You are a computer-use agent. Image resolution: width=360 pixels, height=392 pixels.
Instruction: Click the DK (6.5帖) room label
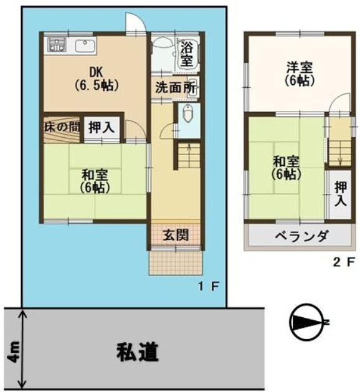(x=96, y=79)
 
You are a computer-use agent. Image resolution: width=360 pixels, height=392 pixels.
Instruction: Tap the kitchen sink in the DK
(x=85, y=46)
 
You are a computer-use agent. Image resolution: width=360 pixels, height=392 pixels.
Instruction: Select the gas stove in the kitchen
(x=57, y=44)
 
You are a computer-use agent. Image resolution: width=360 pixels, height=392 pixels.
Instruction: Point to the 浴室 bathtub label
(x=187, y=54)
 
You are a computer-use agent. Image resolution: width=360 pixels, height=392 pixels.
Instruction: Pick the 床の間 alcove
(x=62, y=128)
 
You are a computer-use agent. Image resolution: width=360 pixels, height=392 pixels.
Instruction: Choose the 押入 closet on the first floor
(x=102, y=128)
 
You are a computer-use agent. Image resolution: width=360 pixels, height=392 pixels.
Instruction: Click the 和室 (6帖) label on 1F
(x=95, y=181)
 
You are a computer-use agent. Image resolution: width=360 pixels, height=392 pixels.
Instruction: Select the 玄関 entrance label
(x=176, y=235)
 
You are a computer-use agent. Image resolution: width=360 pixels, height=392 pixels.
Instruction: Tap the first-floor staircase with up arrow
(x=189, y=156)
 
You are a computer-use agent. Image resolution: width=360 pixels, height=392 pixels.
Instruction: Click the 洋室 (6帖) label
(x=300, y=74)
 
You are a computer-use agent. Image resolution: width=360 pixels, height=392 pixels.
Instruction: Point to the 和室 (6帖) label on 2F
(x=286, y=168)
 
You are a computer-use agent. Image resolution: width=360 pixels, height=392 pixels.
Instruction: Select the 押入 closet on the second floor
(x=341, y=194)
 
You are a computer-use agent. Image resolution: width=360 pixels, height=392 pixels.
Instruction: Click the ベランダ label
(x=301, y=236)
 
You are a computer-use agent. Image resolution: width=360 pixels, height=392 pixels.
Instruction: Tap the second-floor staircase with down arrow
(x=340, y=153)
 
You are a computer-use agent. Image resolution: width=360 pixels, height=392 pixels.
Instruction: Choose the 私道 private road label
(x=138, y=351)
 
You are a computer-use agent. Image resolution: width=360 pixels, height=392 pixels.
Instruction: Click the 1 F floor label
(x=209, y=287)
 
